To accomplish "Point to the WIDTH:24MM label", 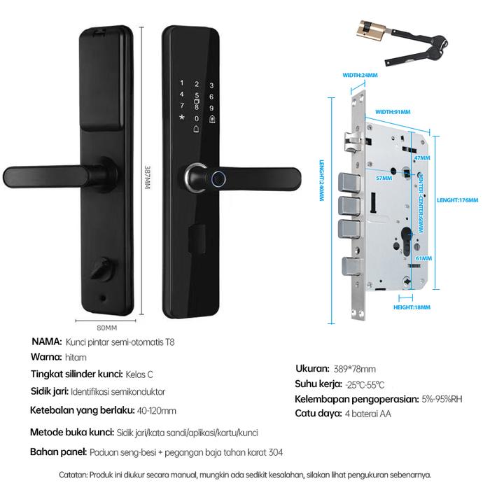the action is [360, 73].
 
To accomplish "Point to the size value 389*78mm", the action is [356, 369].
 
